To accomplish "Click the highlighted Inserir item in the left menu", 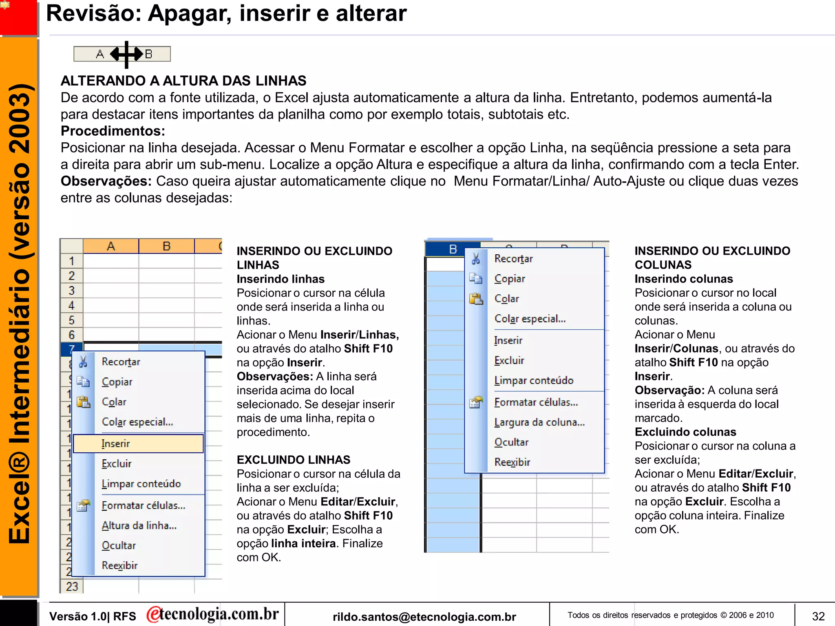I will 138,443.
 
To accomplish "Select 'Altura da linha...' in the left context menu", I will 139,525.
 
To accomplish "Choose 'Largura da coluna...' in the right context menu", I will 539,422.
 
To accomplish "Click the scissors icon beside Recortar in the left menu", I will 83,361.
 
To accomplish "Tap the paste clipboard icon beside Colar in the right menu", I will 475,299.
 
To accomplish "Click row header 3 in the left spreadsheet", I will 71,291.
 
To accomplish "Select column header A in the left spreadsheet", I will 110,246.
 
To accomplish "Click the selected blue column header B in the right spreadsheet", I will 453,249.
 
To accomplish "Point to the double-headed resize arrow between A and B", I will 127,54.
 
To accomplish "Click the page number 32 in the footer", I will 818,616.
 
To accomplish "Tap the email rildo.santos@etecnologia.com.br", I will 424,617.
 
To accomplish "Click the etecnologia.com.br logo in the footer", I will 212,614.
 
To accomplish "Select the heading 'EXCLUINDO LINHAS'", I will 293,460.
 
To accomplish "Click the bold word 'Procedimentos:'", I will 113,131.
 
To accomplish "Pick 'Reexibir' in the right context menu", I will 512,462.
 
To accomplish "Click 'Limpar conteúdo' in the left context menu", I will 141,484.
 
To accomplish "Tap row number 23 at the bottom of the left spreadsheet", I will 72,586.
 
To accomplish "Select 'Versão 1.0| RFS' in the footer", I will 93,616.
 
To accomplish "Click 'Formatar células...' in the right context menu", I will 536,402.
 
